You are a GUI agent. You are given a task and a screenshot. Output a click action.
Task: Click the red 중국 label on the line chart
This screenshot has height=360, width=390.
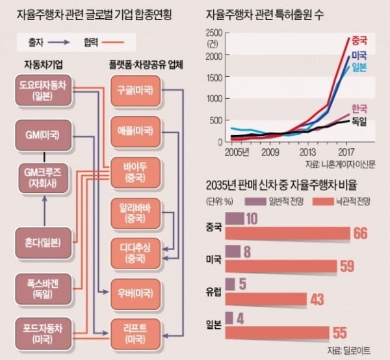(x=359, y=38)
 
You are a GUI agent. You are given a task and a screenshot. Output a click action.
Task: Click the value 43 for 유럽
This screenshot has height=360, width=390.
(x=318, y=299)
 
